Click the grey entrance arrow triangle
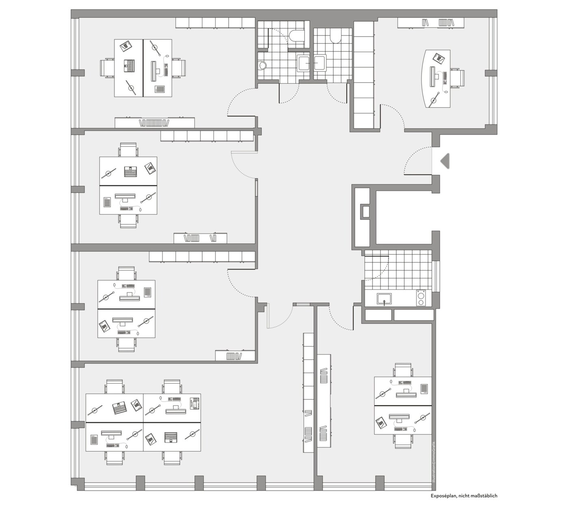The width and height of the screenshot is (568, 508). [x=445, y=161]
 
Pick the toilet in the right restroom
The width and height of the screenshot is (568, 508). [x=335, y=36]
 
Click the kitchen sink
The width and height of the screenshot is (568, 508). [x=384, y=299]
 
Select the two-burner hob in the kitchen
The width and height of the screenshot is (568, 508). [x=420, y=298]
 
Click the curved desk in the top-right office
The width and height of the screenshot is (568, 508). [x=436, y=79]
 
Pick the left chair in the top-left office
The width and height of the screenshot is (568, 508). [x=107, y=68]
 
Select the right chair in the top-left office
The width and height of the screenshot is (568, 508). [x=179, y=68]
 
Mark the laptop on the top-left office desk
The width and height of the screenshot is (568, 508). [x=129, y=65]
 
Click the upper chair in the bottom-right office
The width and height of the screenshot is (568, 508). [x=403, y=370]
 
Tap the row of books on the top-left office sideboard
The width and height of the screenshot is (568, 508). [x=154, y=123]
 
